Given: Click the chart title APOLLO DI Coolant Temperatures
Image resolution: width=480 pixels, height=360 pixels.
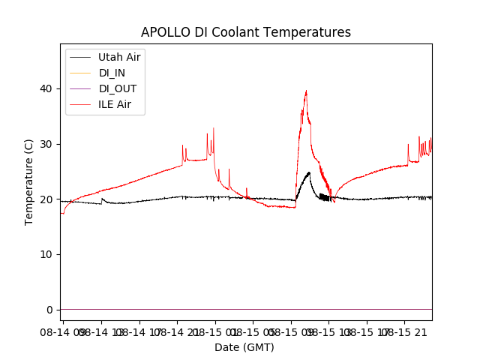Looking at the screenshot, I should (246, 32).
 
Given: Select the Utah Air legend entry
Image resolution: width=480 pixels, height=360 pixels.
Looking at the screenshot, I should (119, 57).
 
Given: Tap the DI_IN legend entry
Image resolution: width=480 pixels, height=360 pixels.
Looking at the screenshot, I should (112, 73).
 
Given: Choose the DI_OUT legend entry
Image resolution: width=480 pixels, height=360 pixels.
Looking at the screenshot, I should (117, 88).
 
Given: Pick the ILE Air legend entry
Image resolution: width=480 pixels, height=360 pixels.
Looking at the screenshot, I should (115, 104).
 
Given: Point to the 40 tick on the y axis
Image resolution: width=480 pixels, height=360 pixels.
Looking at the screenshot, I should (47, 88).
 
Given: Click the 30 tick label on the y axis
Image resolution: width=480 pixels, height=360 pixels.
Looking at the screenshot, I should (47, 144).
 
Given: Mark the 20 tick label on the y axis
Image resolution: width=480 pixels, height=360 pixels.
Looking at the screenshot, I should (47, 199).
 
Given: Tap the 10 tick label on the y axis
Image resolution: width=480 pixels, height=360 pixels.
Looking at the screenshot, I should (47, 254).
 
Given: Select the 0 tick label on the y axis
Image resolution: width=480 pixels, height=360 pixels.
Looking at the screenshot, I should (50, 310).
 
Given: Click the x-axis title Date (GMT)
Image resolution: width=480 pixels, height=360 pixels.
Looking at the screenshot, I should (244, 347).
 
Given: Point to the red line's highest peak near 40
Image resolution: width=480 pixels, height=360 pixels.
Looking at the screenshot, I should (306, 91).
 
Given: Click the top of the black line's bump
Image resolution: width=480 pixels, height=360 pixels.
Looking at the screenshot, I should (308, 172).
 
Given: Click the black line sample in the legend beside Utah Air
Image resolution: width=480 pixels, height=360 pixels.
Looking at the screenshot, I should (80, 57).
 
